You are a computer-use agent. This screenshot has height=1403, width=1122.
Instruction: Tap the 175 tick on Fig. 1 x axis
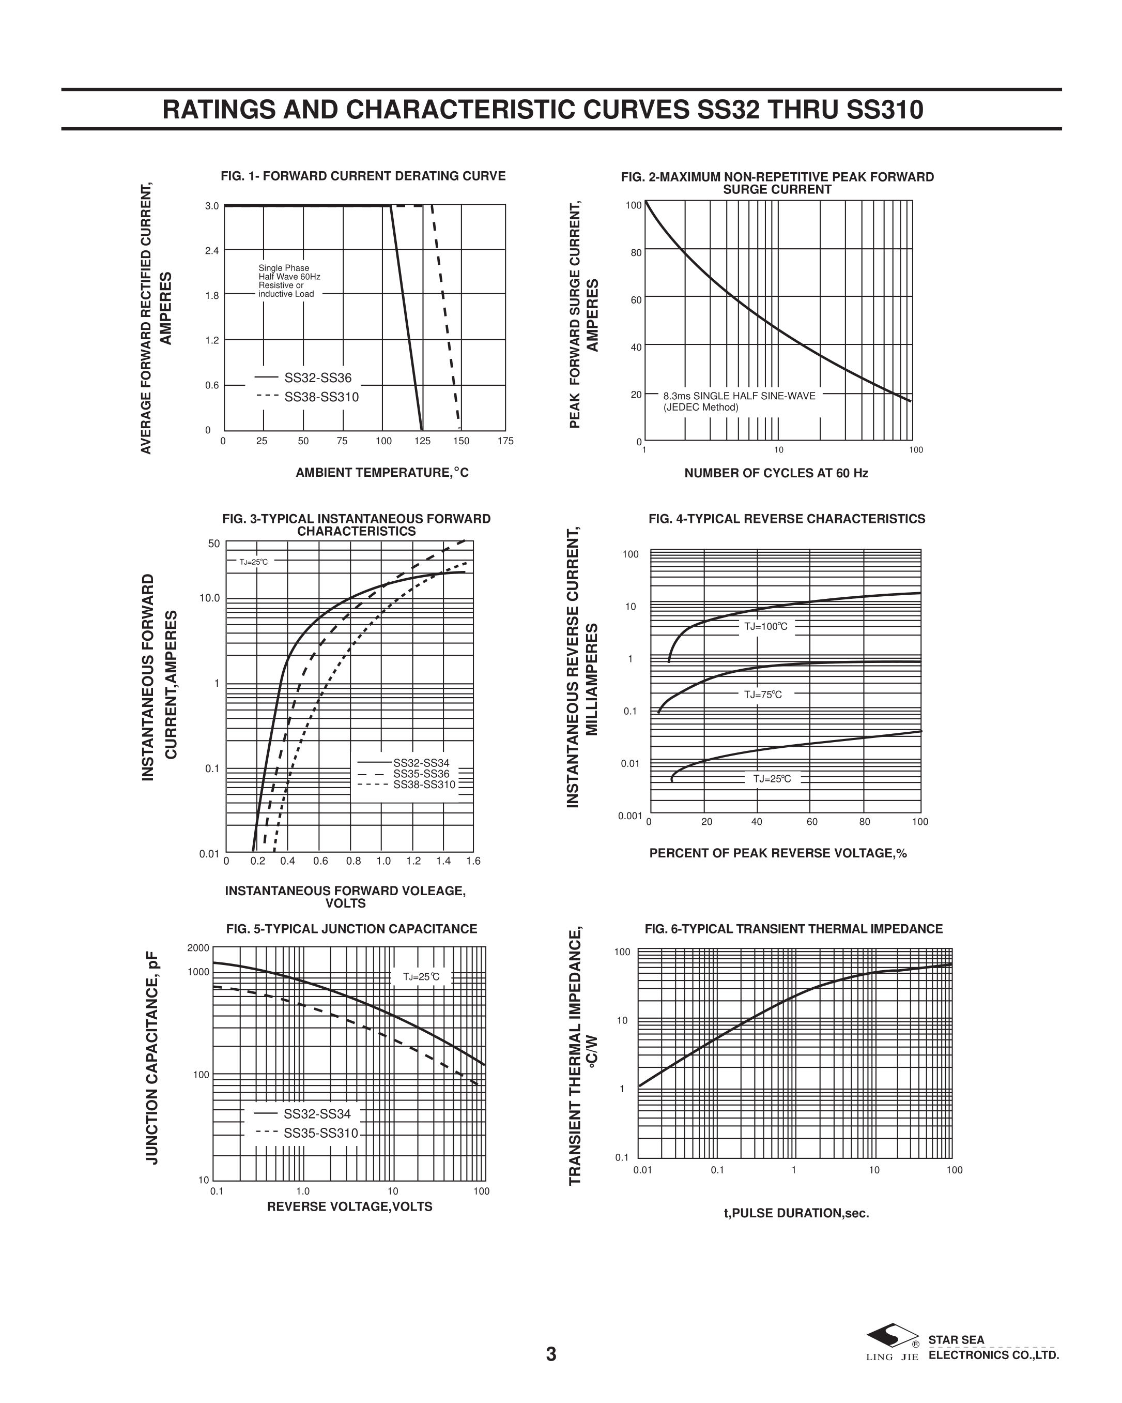point(505,441)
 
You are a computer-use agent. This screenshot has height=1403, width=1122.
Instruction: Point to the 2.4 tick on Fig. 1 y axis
point(212,250)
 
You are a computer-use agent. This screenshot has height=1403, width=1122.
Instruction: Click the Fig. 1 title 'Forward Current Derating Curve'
point(363,176)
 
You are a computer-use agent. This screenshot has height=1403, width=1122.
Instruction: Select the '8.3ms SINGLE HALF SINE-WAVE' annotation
point(739,396)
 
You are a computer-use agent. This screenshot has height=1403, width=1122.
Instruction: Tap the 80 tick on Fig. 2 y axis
point(636,252)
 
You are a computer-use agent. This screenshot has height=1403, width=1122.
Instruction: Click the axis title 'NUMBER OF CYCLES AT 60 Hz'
point(776,473)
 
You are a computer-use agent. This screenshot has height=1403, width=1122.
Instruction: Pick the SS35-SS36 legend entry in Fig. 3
point(421,774)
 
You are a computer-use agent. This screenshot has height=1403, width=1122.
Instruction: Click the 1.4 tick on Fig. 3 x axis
point(443,861)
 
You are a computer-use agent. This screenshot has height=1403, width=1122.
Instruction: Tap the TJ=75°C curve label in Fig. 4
point(763,695)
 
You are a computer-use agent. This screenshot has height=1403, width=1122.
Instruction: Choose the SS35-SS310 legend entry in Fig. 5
point(320,1133)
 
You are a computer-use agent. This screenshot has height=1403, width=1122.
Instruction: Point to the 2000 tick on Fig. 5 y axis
point(198,948)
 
